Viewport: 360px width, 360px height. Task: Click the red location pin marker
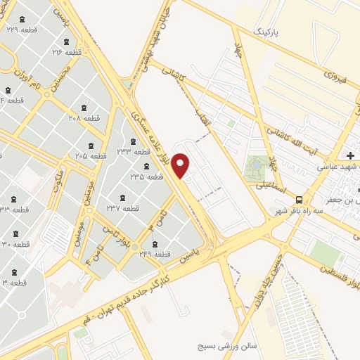181,166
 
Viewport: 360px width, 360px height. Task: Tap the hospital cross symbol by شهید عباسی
351,155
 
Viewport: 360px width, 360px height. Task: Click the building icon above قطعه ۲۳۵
146,167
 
